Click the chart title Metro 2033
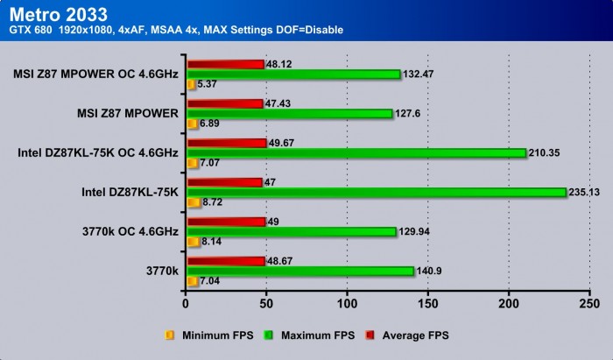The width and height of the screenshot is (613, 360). (x=60, y=13)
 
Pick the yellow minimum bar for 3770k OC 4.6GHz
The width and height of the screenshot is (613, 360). (x=190, y=242)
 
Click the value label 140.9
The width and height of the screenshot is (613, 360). (x=428, y=272)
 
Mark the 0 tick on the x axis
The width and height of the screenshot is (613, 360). (x=186, y=303)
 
